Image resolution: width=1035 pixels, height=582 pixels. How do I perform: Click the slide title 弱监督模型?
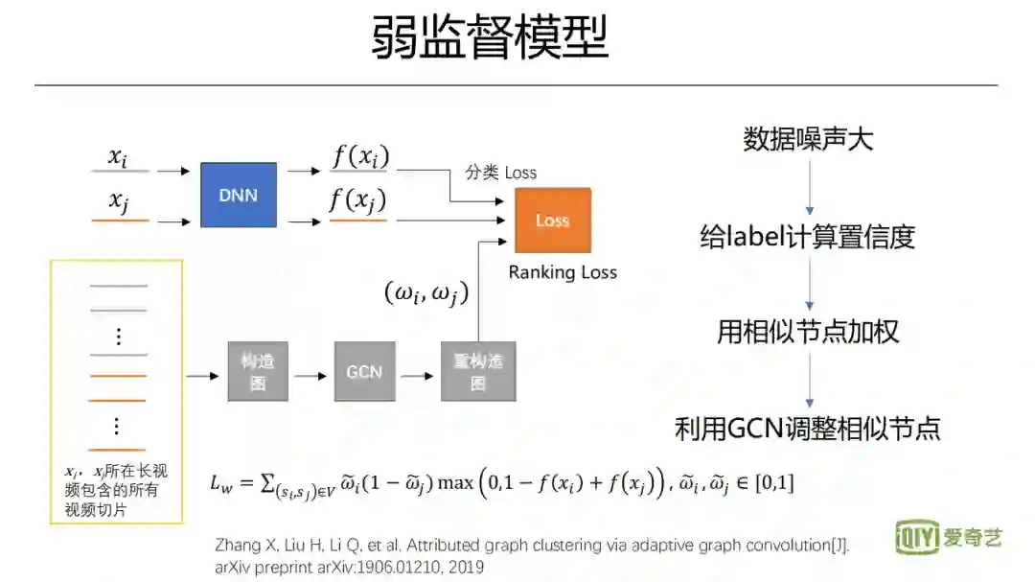[490, 39]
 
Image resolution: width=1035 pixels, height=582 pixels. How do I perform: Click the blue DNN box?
[239, 195]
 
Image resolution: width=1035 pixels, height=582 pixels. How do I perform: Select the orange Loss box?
[553, 221]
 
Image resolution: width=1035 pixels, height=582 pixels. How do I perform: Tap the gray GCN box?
[364, 371]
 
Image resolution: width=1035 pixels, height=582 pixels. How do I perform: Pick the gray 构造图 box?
[257, 371]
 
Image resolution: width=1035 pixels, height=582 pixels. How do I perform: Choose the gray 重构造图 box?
[478, 371]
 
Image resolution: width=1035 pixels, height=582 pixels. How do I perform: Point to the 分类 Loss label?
[501, 173]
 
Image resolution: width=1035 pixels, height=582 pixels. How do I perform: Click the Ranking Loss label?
[563, 272]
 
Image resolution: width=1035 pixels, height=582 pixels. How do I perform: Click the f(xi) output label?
[359, 156]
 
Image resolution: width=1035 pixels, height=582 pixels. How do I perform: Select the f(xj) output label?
[358, 200]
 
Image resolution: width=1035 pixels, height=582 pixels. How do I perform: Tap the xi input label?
[118, 157]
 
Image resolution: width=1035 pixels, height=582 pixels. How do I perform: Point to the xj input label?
[119, 201]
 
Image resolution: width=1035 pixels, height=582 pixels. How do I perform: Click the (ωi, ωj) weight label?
[425, 293]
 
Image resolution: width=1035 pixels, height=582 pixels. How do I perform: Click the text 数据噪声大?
[808, 140]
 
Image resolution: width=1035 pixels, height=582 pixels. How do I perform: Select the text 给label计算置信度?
[808, 236]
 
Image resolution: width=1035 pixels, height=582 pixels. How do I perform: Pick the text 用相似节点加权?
[808, 332]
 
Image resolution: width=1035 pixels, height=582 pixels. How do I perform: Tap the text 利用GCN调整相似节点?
[808, 428]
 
